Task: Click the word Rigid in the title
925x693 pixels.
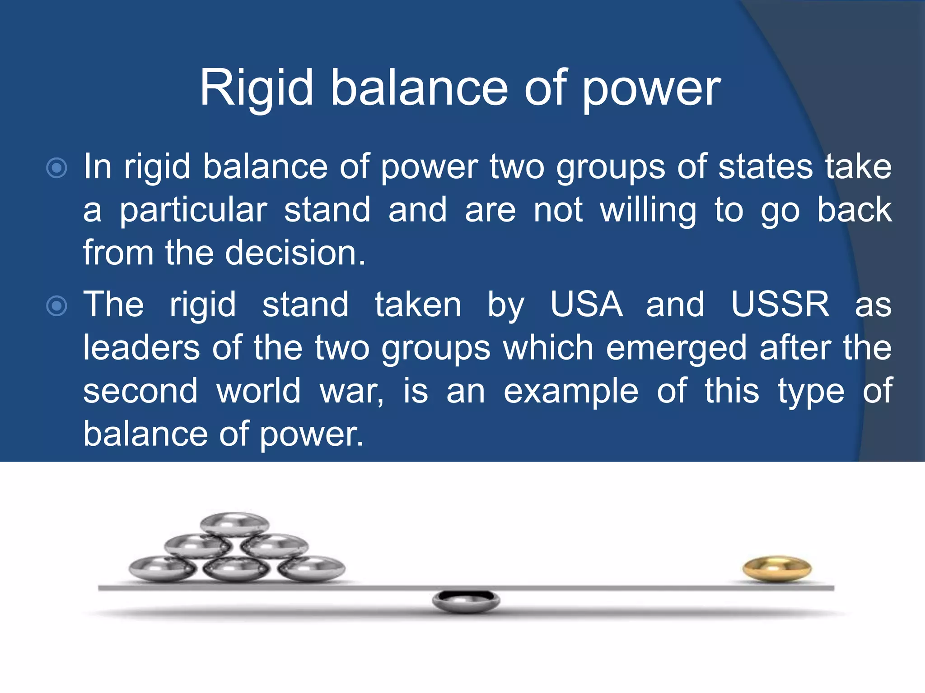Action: [257, 88]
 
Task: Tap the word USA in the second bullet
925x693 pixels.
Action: [586, 304]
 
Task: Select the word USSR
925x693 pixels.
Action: [780, 304]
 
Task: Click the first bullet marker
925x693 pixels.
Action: [57, 168]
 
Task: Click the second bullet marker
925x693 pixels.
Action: [57, 306]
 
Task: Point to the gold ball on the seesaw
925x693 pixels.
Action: [777, 568]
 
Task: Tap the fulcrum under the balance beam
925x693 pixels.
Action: [466, 601]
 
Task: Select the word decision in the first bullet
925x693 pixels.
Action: [295, 253]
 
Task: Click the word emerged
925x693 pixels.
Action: [676, 348]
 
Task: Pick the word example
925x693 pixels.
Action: [571, 391]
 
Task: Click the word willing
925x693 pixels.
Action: [648, 211]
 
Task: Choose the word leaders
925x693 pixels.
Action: [141, 348]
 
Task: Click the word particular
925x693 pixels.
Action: [193, 211]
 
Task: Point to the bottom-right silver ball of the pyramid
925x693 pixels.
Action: [311, 568]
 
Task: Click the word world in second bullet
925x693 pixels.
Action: [258, 391]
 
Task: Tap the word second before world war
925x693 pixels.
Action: [140, 391]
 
